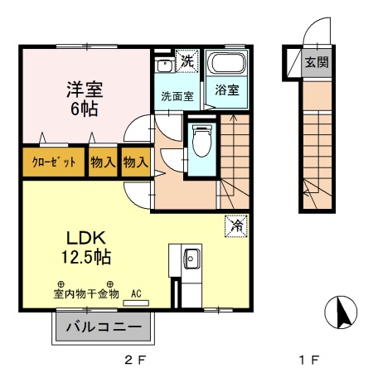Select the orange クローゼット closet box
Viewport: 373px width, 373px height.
tap(53, 162)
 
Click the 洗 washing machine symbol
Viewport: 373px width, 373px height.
tap(188, 61)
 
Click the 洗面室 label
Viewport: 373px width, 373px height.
tap(177, 96)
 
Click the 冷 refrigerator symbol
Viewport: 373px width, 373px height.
tap(236, 223)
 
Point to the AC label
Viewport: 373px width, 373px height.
tap(136, 293)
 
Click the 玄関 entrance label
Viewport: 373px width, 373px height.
tap(315, 62)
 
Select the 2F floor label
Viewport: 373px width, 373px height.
tap(135, 359)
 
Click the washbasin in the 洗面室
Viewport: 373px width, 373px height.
tap(163, 63)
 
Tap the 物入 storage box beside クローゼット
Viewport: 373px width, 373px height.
tap(103, 162)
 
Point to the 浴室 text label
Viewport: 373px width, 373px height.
tap(228, 90)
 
